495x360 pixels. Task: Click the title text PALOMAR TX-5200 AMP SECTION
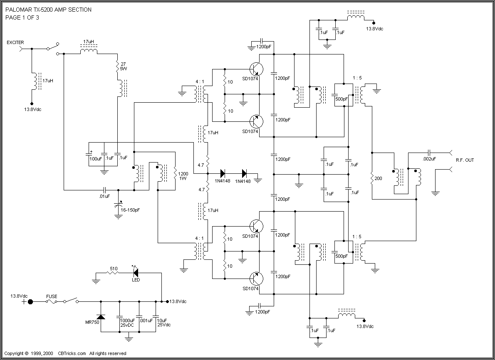coord(48,10)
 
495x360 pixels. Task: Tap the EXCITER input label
coord(15,42)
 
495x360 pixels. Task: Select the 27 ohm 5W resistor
coord(118,66)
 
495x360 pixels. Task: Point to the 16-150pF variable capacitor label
coord(130,210)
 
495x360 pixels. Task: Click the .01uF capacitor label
coord(104,196)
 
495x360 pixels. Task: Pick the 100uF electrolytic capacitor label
coord(95,158)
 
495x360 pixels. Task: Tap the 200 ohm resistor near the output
coord(371,178)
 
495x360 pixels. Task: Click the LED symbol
coord(136,273)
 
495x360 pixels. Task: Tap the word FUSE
coord(52,296)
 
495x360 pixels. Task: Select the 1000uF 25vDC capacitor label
coord(127,323)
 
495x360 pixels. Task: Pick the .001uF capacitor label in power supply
coord(147,320)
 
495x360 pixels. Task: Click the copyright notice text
coord(65,354)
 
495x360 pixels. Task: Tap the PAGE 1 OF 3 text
coord(22,17)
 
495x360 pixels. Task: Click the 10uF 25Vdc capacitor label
coord(164,323)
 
